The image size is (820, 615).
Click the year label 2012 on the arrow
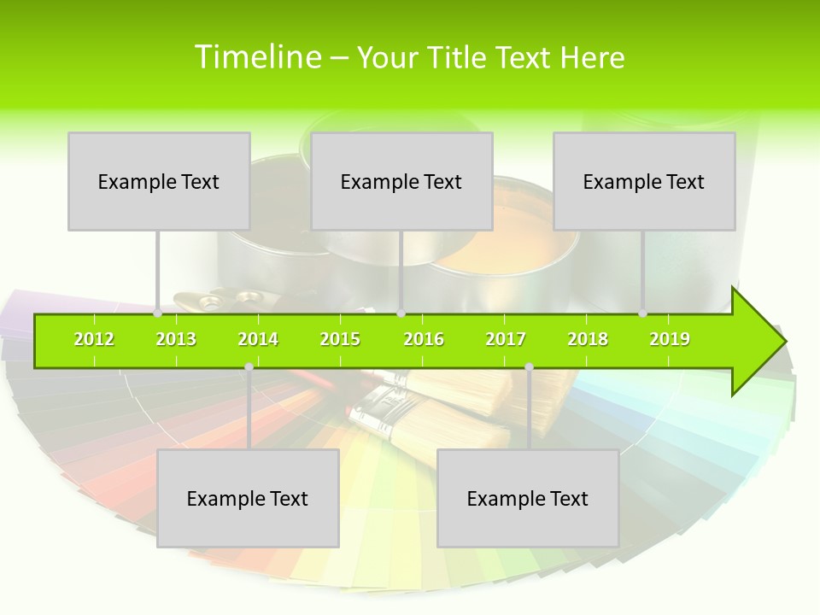94,339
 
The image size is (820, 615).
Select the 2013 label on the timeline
176,339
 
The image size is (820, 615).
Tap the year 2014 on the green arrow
258,339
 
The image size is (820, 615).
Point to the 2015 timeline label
340,339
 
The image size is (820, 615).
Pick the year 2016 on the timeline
424,339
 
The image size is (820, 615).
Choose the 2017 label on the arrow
506,339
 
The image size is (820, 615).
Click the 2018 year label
588,339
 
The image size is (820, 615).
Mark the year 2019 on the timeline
670,339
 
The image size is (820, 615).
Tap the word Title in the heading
459,57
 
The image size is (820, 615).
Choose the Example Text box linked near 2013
159,181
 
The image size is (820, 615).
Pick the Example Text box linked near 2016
401,181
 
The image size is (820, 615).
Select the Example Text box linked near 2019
644,181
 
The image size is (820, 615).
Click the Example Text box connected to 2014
248,498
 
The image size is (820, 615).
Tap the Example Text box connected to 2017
528,498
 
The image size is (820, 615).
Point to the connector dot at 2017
529,367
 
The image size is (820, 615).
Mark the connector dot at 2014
249,367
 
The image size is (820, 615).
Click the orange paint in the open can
495,248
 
